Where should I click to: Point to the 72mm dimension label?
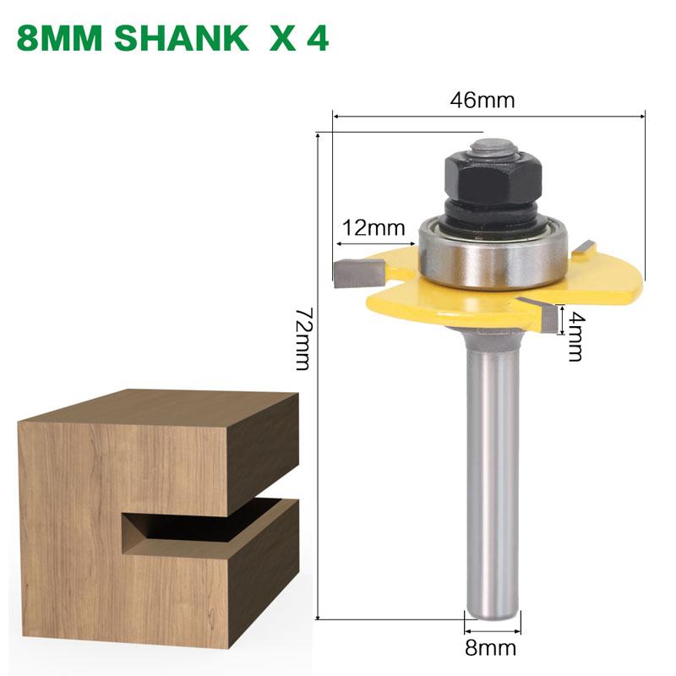pos(303,339)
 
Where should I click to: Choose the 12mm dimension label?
pos(373,227)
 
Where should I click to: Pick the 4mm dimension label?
pos(575,335)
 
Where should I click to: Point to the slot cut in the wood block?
pos(203,528)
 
